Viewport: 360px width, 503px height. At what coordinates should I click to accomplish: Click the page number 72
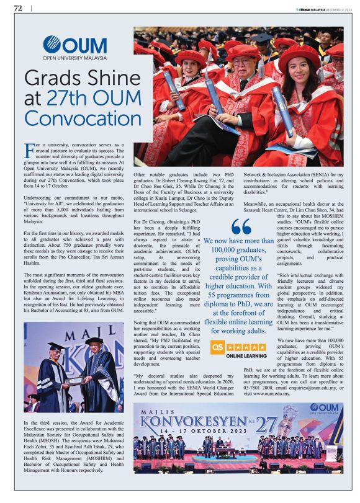point(18,9)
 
